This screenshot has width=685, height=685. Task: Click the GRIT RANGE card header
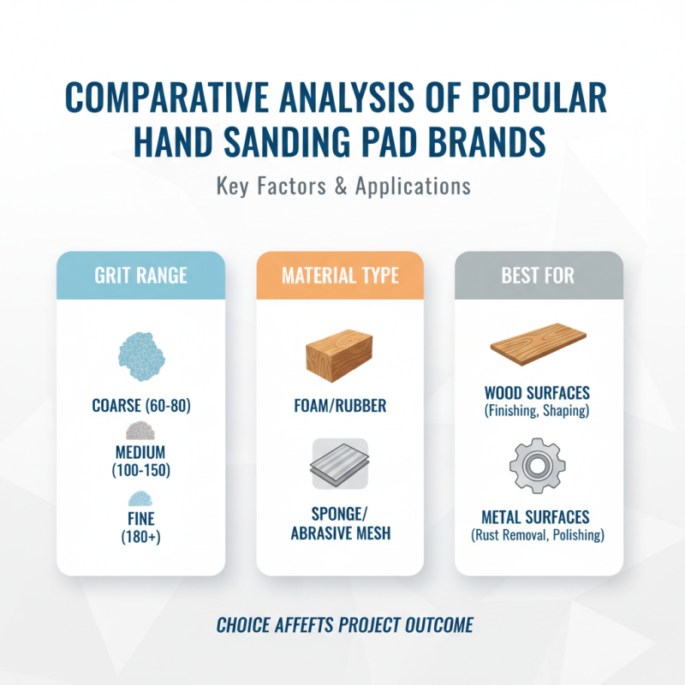pos(141,277)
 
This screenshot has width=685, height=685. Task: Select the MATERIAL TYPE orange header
pos(340,277)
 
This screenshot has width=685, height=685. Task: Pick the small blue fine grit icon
pos(141,498)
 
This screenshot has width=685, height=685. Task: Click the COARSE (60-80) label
pos(141,405)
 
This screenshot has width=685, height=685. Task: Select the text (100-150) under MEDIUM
pos(141,469)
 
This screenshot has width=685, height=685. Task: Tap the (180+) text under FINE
pos(141,538)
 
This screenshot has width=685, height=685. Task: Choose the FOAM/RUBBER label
pos(340,405)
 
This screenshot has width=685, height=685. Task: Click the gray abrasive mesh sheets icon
pos(340,464)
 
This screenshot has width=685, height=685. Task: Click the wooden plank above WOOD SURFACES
pos(537,346)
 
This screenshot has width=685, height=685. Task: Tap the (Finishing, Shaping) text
pos(537,411)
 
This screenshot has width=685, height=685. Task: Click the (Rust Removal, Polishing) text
pos(537,536)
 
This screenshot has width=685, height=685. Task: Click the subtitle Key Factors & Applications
pos(342,186)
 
